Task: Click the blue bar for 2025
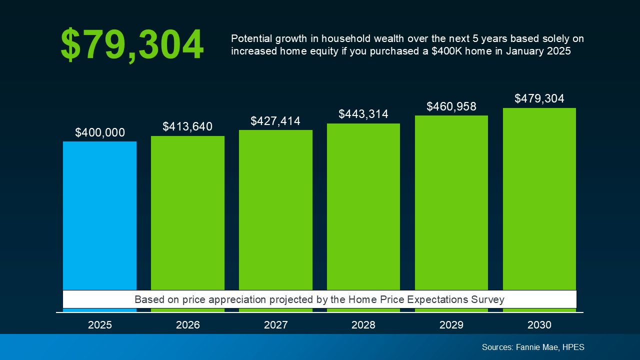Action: tap(99, 215)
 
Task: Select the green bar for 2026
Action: tap(187, 212)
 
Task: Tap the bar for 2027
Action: tap(275, 210)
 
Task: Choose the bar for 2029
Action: tap(451, 202)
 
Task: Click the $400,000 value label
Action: tap(100, 132)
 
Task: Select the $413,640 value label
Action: tap(187, 127)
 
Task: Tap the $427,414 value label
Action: tap(275, 121)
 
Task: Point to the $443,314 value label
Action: tap(363, 114)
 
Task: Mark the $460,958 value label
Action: tap(451, 106)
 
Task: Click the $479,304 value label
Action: tap(539, 98)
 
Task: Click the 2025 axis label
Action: tap(100, 325)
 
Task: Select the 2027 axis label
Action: tap(275, 325)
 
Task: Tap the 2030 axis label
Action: tap(539, 325)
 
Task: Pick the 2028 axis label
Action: tap(363, 325)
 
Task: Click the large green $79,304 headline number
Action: tap(132, 45)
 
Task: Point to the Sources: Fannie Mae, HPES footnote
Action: tap(533, 347)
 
